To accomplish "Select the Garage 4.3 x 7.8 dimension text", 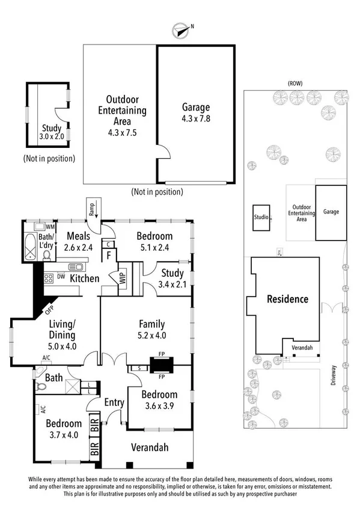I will click(196, 113).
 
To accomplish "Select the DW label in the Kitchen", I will click(61, 277).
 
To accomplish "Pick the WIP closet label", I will click(122, 279).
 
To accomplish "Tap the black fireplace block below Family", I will click(160, 364).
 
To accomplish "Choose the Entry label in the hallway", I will click(114, 402).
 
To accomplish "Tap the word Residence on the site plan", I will click(287, 299).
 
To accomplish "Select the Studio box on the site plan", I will click(261, 218).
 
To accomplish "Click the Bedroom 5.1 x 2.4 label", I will click(154, 241).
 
